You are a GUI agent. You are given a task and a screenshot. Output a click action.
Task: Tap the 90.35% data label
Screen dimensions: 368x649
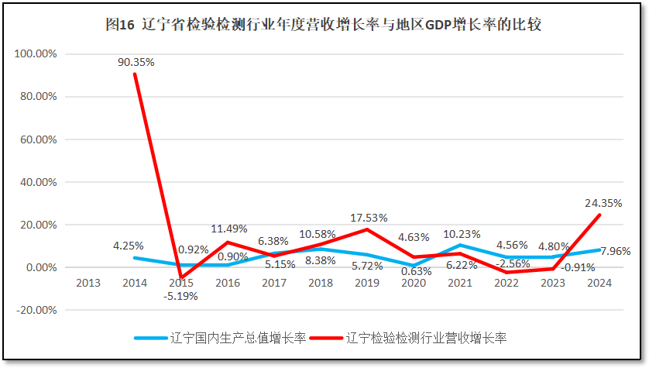coord(136,62)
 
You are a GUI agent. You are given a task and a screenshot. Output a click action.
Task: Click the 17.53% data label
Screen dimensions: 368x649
coord(369,218)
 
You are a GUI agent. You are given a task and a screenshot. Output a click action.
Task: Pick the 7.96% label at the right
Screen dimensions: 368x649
coord(616,251)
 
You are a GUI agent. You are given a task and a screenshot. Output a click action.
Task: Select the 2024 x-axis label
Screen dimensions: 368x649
coord(599,283)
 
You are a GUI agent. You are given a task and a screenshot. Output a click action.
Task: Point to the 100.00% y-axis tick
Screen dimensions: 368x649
coord(36,54)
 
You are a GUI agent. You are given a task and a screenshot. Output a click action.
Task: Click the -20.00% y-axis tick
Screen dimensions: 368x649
coord(36,310)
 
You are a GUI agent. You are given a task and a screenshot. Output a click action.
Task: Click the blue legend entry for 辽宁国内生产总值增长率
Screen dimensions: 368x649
coord(221,338)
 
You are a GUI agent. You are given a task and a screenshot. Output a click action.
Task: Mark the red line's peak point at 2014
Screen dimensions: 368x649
coord(135,74)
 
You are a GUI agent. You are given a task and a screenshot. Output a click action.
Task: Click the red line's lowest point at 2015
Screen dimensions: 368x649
coord(180,278)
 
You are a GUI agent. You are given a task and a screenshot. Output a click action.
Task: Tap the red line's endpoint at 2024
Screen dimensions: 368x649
coord(600,215)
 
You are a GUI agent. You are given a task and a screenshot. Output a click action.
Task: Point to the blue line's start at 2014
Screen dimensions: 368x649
coord(135,258)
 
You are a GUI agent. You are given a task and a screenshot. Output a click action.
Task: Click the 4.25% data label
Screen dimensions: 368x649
coord(128,246)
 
